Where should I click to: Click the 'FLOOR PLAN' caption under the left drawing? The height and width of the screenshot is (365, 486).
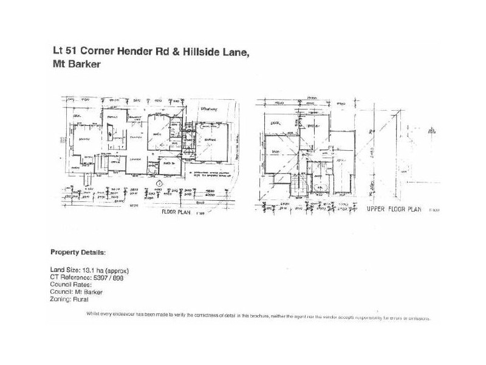176,214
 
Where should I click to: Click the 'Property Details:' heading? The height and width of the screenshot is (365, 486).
77,252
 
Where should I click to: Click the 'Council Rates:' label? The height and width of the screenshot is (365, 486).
70,285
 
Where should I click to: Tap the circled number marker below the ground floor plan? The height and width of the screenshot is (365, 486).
159,183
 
